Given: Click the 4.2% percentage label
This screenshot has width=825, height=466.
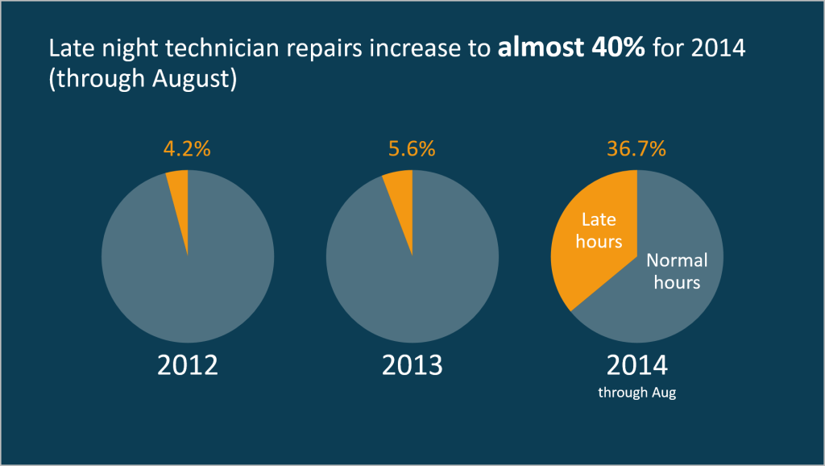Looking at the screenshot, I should pos(187,149).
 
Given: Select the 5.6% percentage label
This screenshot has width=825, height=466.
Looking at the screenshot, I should pos(412,149).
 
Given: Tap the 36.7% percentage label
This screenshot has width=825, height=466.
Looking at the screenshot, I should pos(636,149).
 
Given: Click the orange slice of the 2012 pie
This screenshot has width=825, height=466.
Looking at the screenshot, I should pos(180,193).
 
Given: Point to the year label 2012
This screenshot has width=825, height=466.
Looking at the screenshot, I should pos(187,365).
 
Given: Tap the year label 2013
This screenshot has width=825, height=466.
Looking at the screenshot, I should pos(412,365).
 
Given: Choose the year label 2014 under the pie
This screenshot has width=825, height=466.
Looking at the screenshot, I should pos(636,365).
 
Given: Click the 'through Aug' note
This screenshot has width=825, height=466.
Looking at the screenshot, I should pos(636,393).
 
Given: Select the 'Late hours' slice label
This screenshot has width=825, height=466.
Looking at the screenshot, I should pos(599,230).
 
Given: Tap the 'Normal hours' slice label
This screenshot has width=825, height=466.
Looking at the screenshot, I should pos(677,271).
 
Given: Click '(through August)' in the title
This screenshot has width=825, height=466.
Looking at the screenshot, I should pos(142,81).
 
